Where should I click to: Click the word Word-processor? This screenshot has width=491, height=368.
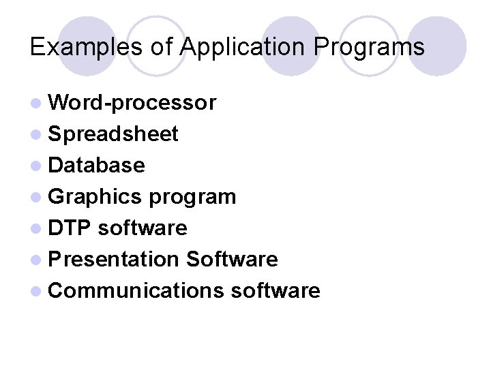tap(132, 102)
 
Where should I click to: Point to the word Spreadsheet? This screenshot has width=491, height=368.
tap(113, 134)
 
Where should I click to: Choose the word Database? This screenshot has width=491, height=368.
tap(97, 165)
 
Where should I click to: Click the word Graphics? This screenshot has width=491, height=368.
tap(95, 197)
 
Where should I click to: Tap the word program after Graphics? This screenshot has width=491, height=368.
tap(192, 197)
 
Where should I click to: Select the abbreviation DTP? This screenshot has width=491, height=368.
tap(70, 228)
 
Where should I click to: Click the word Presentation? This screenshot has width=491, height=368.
tap(113, 259)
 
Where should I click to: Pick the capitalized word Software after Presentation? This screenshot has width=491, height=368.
tap(232, 259)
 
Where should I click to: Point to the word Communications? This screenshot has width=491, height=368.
tap(136, 291)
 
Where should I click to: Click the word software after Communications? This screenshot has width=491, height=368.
tap(276, 291)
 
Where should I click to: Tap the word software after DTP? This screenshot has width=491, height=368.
tap(143, 228)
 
